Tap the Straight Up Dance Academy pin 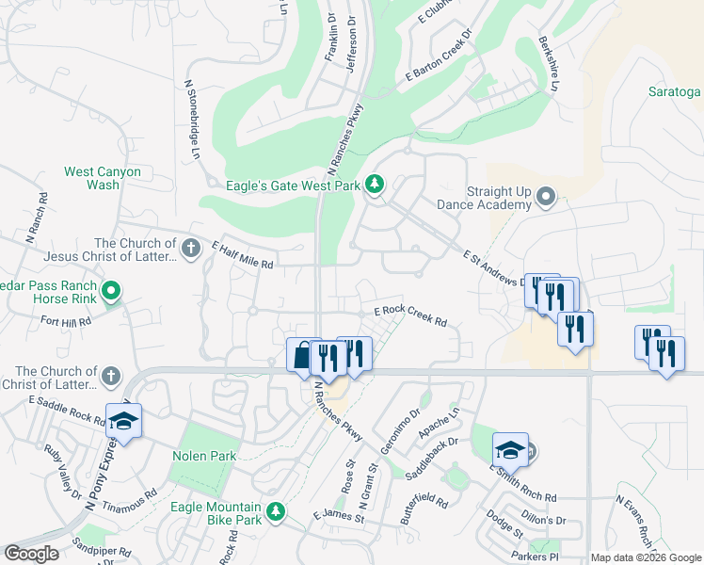pos(547,197)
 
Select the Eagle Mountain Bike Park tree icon pos(275,511)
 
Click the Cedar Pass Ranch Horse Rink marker pos(112,291)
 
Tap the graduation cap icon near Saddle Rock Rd pos(124,421)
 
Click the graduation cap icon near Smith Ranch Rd pos(510,450)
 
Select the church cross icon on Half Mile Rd pos(191,249)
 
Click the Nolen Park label pos(203,456)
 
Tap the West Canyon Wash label pos(103,178)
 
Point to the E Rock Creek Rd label pos(410,315)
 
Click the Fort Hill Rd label pos(65,321)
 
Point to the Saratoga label pos(675,91)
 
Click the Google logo pos(31,554)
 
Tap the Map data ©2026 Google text pos(646,557)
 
